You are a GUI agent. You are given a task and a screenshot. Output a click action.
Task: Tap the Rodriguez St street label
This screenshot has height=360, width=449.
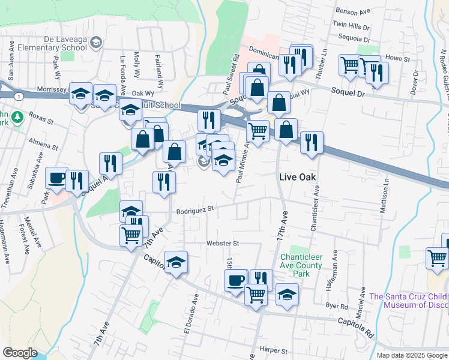tap(196, 210)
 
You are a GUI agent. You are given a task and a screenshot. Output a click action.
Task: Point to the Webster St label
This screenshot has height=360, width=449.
tap(223, 243)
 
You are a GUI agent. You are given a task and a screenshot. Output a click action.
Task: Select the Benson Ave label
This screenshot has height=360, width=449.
tap(354, 12)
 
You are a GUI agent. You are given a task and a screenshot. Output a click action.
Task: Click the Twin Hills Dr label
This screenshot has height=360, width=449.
tap(351, 26)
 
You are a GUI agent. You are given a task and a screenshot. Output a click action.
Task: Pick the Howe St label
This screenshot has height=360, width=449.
tap(397, 59)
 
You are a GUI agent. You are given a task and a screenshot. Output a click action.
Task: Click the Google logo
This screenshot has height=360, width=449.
tap(20, 353)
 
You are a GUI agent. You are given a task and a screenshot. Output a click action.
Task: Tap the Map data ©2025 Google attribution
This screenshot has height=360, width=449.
tap(412, 355)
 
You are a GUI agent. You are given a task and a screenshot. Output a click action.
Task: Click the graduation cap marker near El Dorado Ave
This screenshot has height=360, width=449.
tap(176, 262)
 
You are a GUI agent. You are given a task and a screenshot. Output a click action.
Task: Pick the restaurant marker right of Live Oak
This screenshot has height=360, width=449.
tap(312, 143)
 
